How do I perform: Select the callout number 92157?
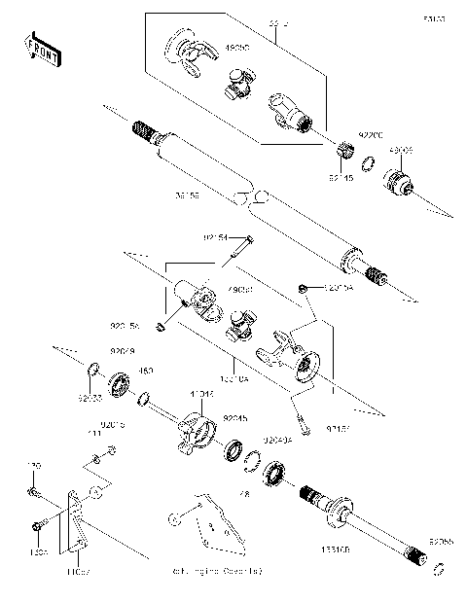338,426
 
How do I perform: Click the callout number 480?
147,370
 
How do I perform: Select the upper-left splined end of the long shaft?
143,128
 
